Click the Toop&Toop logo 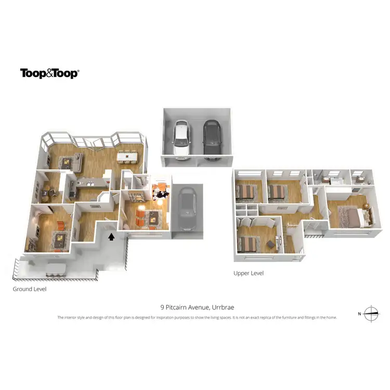[49, 73]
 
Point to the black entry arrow [110, 237]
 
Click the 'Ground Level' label [30, 289]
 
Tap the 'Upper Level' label [249, 273]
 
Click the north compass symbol [371, 313]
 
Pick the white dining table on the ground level [127, 156]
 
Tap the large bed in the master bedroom [346, 215]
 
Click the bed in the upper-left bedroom [245, 192]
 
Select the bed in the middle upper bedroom [278, 192]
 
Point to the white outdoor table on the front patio [54, 269]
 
